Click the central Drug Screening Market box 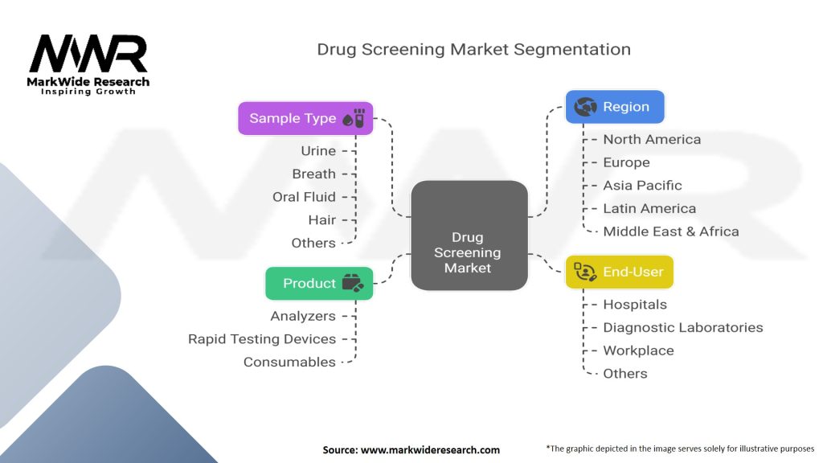coord(469,236)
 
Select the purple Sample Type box coord(305,118)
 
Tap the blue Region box coord(615,106)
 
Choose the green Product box coord(319,284)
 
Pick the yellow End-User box coord(619,272)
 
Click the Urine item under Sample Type coord(318,151)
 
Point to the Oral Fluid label coord(304,197)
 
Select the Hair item coord(321,219)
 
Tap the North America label coord(652,140)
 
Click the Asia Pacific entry coord(643,186)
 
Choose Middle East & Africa coord(671,231)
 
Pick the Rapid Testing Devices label coord(262,339)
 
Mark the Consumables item coord(289,363)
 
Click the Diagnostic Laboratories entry coord(683,328)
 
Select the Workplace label coord(638,350)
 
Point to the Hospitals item coord(635,305)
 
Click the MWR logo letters coord(88,55)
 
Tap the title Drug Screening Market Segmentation coord(473,50)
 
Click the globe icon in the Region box coord(586,106)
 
